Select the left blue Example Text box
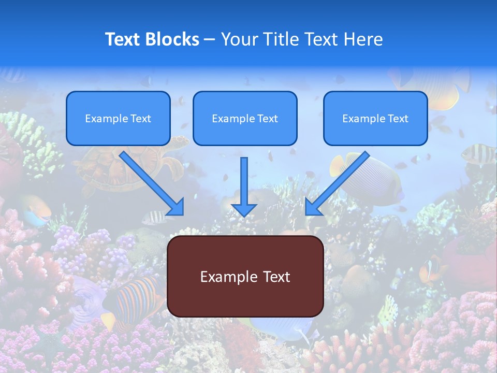tap(118, 119)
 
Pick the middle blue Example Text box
tap(245, 119)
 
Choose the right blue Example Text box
tap(375, 119)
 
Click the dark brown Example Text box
tap(245, 277)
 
